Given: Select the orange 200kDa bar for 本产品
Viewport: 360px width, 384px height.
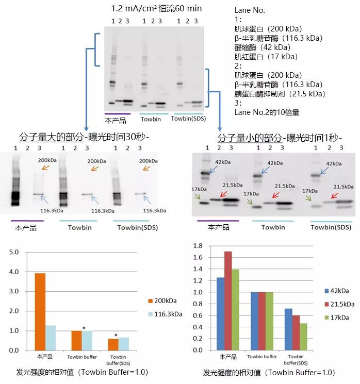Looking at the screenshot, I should click(x=40, y=311).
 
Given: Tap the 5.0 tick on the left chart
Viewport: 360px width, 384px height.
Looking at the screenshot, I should click(x=15, y=252).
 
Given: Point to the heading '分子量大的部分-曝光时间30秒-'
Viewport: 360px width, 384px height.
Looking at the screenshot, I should click(x=84, y=138).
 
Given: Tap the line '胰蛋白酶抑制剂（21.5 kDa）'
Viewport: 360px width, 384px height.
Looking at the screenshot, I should click(x=280, y=93).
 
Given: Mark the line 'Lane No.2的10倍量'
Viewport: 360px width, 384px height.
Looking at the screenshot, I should click(x=267, y=112).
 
